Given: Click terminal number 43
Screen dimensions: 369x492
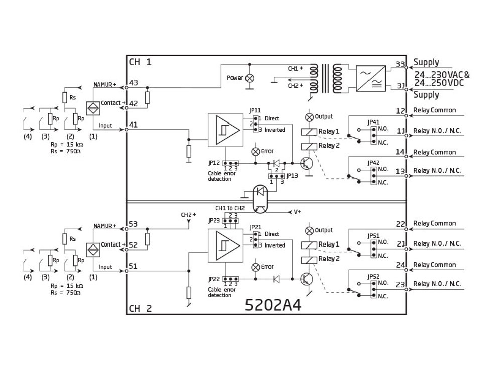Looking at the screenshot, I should pos(133,82).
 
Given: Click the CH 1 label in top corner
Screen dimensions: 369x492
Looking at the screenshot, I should pos(140,62).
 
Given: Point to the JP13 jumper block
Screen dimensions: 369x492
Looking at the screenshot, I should pos(276,176).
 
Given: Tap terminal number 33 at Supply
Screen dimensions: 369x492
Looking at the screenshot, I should pos(400,64).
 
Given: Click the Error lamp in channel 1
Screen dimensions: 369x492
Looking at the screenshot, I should pos(256,151).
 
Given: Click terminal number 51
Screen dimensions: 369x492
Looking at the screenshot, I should pos(133,267).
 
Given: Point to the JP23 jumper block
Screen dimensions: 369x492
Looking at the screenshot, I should pos(230,220).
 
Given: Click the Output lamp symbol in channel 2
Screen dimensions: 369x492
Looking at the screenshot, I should pos(310,230).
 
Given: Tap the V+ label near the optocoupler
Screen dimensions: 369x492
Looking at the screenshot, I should pos(298,212).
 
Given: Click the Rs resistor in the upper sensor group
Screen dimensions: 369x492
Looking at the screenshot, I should pos(65,97).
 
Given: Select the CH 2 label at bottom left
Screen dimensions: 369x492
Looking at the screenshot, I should pos(140,309).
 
